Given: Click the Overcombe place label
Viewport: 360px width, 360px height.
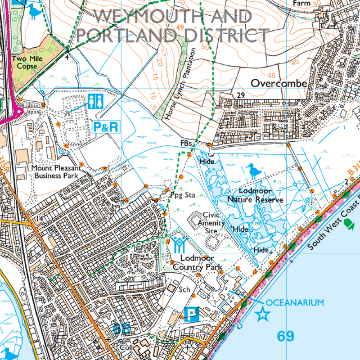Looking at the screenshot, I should click(x=279, y=83).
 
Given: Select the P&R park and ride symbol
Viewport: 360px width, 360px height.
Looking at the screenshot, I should click(x=107, y=127).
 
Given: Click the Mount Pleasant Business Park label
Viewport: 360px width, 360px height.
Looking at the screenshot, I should click(x=56, y=171).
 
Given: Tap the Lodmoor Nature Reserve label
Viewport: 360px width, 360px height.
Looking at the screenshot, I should click(x=256, y=195).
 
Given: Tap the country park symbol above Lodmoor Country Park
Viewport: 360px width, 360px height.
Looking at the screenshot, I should click(x=178, y=244).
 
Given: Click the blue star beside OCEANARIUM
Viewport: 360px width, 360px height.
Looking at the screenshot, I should click(x=262, y=315).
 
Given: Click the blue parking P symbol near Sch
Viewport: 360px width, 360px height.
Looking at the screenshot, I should click(x=191, y=314).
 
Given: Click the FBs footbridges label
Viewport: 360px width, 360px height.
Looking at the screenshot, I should click(x=185, y=143).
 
